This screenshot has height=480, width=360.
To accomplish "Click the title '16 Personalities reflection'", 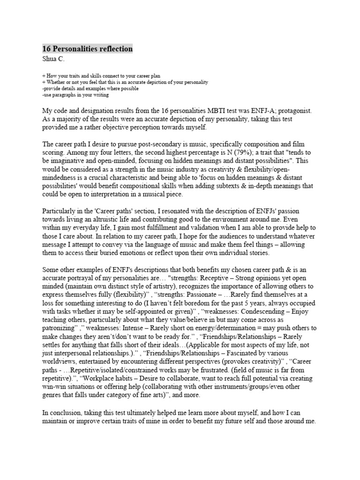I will pos(88,49).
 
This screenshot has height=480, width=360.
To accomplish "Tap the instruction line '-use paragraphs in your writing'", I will pos(75,95).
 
